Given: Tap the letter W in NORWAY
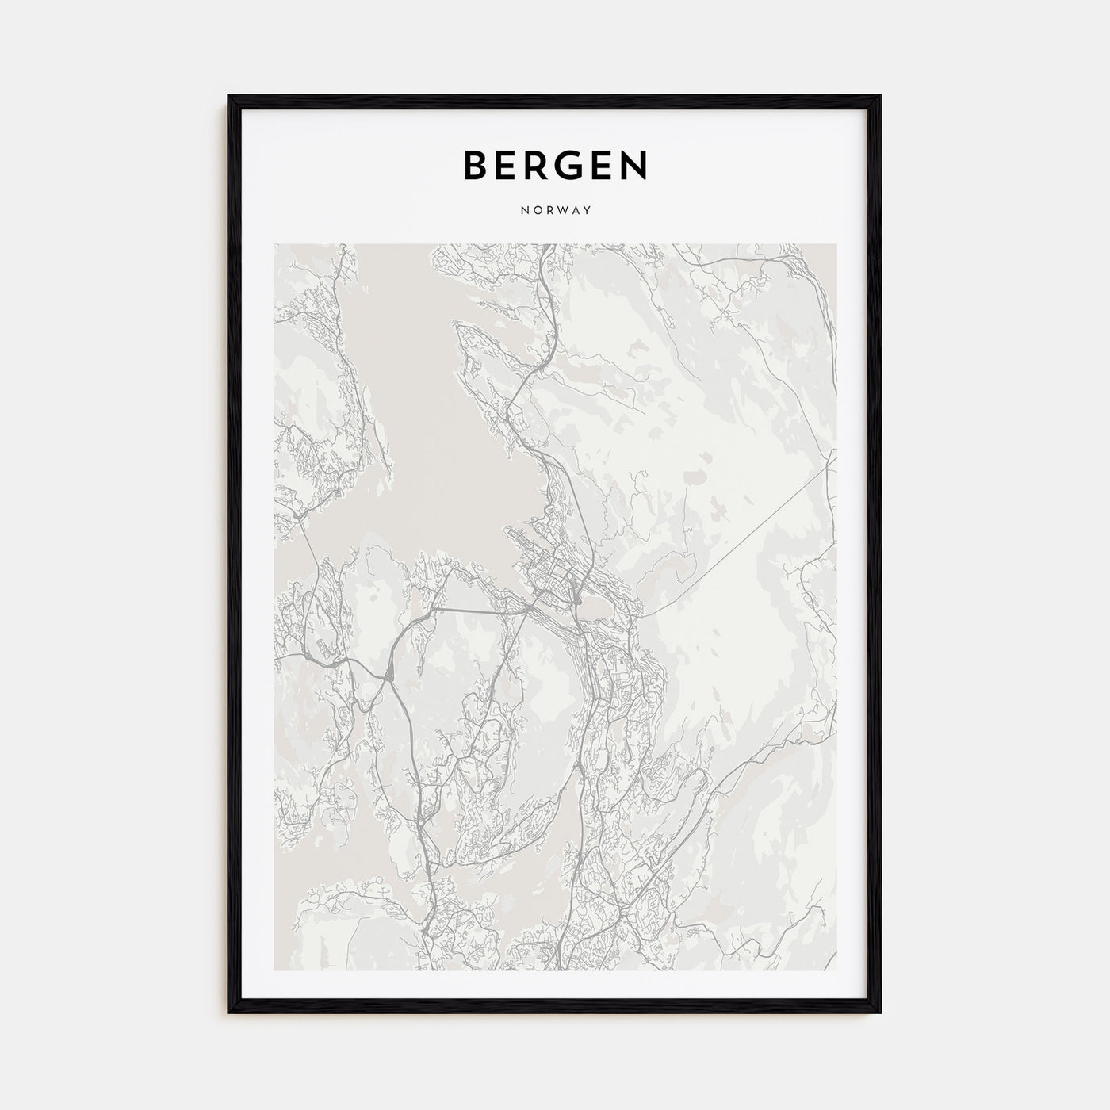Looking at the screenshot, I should (557, 211).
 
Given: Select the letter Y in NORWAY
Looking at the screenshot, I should (588, 211).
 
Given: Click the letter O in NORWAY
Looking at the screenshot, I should (535, 211).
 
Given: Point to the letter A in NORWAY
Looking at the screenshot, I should (574, 211).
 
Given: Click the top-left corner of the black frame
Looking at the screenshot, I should (229, 97).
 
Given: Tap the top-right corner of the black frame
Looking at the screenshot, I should (880, 97).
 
